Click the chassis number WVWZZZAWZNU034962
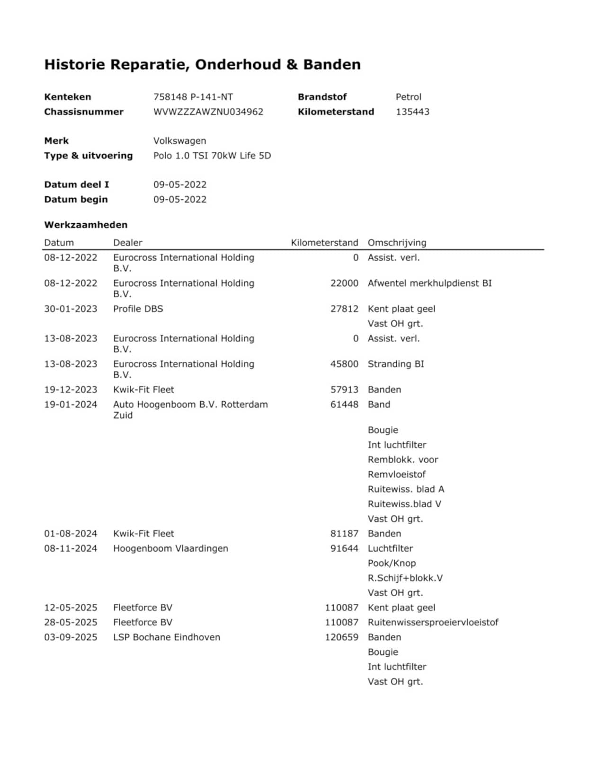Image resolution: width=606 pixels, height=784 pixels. click(208, 112)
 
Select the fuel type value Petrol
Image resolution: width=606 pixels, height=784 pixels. click(408, 97)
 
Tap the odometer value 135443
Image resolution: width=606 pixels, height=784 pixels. click(412, 112)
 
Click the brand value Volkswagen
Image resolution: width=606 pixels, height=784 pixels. click(179, 141)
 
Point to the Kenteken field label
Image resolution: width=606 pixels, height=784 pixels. click(67, 97)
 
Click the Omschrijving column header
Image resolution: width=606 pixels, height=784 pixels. click(397, 243)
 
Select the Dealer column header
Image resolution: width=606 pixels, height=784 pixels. click(127, 243)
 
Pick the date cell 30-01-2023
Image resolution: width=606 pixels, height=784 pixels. click(71, 309)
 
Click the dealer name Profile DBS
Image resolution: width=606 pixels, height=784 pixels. click(138, 309)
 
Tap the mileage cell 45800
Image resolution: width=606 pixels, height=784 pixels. click(344, 364)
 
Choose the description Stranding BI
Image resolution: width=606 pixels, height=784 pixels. click(396, 364)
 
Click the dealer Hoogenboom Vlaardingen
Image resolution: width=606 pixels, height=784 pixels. click(170, 548)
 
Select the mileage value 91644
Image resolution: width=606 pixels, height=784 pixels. click(344, 548)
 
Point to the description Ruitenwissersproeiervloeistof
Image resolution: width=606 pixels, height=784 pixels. click(433, 622)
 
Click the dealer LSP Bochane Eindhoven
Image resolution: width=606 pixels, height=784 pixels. click(167, 637)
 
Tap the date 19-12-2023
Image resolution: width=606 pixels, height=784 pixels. click(71, 389)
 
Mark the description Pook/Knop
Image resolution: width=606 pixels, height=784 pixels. click(392, 563)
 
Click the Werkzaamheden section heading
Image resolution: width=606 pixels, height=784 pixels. click(86, 225)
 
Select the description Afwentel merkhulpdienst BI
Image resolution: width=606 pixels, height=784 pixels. click(429, 283)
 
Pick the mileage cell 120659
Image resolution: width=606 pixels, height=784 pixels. click(341, 637)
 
